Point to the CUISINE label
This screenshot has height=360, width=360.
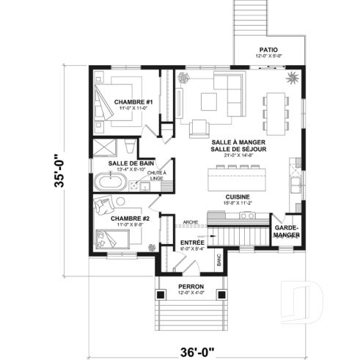click(x=238, y=196)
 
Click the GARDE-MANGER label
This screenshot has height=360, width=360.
click(x=286, y=231)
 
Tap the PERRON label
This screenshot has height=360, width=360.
click(x=191, y=285)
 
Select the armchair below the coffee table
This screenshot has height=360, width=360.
click(x=199, y=128)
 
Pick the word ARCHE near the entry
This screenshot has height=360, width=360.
click(x=191, y=222)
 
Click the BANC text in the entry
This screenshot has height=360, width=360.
click(x=218, y=259)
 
